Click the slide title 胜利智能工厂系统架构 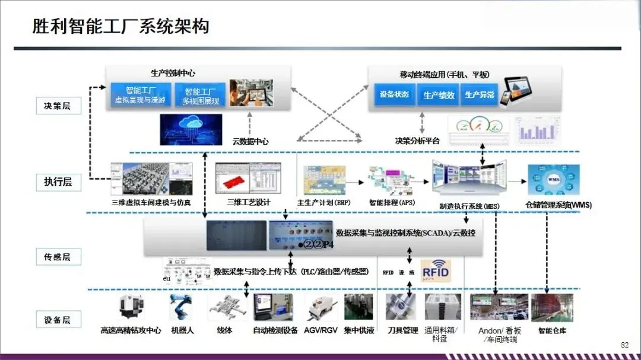click(x=120, y=27)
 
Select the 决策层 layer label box click(x=58, y=106)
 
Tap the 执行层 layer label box click(x=58, y=181)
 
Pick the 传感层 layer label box click(x=58, y=257)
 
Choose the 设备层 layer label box click(x=58, y=320)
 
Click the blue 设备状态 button click(x=394, y=95)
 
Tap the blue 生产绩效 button click(x=439, y=95)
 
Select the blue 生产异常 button click(x=480, y=95)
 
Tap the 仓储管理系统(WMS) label click(x=559, y=205)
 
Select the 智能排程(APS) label click(x=392, y=202)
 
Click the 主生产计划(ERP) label click(x=323, y=202)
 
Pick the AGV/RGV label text click(x=320, y=330)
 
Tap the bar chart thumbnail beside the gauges click(x=536, y=129)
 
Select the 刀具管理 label click(x=402, y=330)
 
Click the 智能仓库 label click(x=552, y=330)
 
